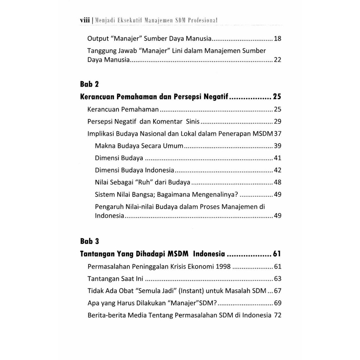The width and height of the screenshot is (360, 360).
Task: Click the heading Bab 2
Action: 90,84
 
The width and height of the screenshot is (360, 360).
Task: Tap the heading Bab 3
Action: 90,242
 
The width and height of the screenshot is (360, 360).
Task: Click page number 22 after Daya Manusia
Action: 277,60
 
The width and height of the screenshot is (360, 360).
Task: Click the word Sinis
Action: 191,122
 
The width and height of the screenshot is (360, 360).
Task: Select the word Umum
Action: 173,146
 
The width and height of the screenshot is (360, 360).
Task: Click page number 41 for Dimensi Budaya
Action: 277,158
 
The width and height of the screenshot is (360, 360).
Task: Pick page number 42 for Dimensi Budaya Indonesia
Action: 277,170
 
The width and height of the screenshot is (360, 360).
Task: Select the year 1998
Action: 223,266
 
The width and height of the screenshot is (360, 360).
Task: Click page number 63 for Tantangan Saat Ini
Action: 277,279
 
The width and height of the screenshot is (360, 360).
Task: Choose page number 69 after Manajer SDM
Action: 277,303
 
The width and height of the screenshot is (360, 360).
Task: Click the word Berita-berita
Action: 107,315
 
